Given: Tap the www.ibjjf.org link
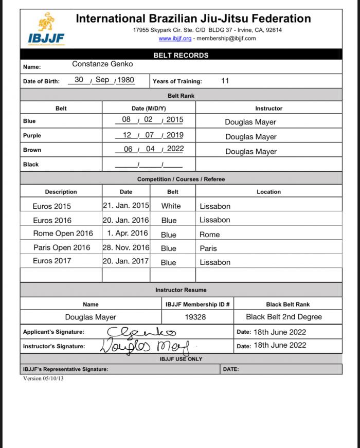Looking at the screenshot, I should point(175,39).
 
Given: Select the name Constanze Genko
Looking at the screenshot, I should point(102,64).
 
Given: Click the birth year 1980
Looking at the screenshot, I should point(125,80).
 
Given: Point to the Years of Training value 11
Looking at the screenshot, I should point(225,81).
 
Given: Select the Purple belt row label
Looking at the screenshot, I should point(32,136).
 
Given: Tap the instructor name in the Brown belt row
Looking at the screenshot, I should point(250,152).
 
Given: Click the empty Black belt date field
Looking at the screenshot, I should point(149,165).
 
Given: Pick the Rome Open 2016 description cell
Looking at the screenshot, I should point(63,234).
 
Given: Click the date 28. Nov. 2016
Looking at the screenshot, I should point(126,247).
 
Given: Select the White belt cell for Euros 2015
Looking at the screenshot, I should point(171,206).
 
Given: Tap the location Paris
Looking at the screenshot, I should point(208,248).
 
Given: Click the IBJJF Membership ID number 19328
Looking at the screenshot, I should point(195,317).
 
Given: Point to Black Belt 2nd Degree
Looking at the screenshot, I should point(284,317).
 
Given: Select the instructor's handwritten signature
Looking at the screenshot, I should point(145,345).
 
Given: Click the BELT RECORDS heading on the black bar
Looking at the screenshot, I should point(181,55).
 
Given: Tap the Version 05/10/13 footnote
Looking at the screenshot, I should point(44,378).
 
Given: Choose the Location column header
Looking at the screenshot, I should point(268,192).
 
